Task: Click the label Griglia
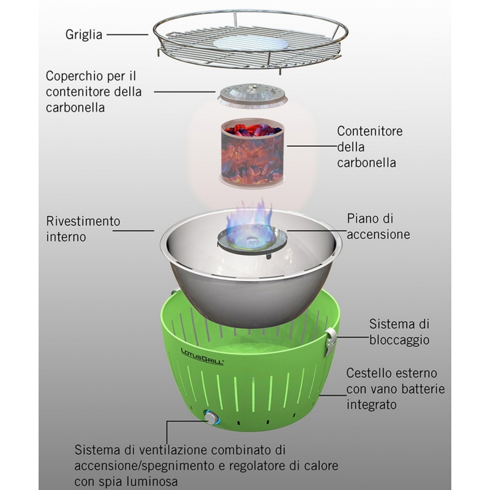click(x=85, y=34)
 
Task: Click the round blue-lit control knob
click(x=210, y=419)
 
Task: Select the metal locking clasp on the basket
click(x=331, y=341)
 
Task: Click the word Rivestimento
click(x=83, y=221)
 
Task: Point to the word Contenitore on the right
click(x=373, y=131)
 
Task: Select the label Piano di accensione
click(x=378, y=226)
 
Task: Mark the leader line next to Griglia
click(x=129, y=34)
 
